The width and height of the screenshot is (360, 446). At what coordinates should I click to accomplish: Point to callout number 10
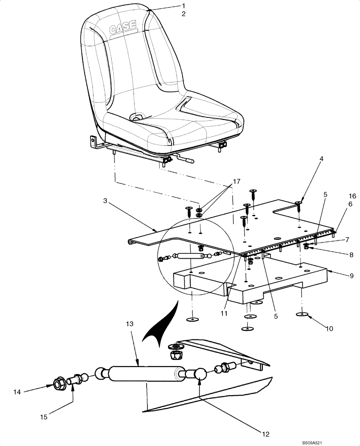point(329,329)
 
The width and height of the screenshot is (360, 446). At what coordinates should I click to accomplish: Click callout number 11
point(224,314)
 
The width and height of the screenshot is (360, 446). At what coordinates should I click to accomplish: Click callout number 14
point(17,392)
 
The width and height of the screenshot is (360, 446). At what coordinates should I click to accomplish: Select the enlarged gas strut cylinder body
point(147,374)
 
